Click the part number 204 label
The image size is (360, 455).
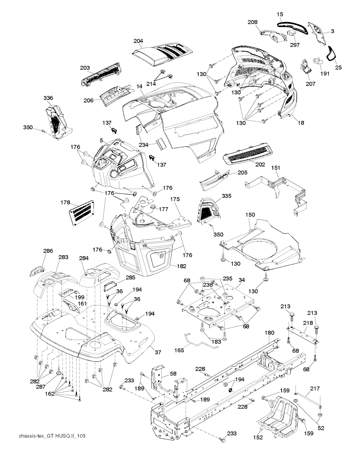[x=138, y=41]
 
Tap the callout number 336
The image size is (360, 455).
[x=48, y=97]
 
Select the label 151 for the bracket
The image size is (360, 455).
[x=275, y=168]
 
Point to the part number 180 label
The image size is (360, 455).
[x=269, y=332]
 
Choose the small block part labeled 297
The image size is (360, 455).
[x=291, y=33]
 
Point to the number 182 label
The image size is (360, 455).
[x=182, y=266]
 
